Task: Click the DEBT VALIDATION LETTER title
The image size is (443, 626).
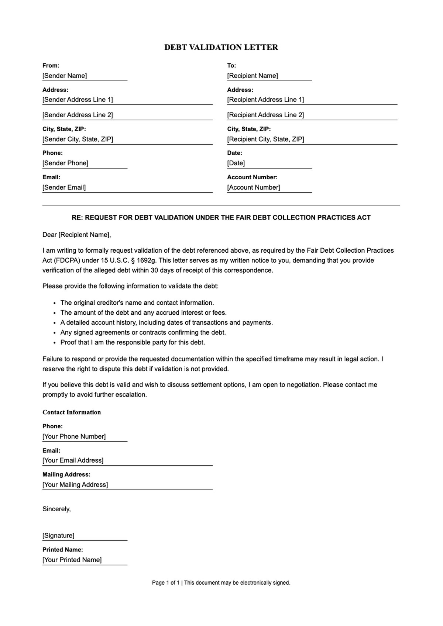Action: tap(221, 47)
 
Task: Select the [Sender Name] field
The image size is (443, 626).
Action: tap(85, 76)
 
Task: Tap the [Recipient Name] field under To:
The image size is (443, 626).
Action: tap(269, 76)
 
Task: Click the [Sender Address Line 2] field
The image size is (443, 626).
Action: tap(127, 115)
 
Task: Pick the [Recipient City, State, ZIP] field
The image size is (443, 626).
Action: tap(312, 139)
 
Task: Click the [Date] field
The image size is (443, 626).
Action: tap(269, 163)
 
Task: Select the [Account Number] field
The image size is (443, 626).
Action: tap(269, 188)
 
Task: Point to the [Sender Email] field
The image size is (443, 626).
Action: tap(127, 188)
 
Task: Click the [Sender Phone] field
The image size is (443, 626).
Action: tap(85, 163)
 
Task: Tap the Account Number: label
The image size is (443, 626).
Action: tap(252, 177)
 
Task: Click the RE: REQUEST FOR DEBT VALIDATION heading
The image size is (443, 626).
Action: tap(221, 218)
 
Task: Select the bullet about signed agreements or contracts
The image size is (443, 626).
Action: tap(143, 332)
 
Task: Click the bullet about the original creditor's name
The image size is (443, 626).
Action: tap(137, 303)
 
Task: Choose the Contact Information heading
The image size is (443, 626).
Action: tap(72, 412)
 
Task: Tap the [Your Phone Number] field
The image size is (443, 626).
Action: tap(85, 437)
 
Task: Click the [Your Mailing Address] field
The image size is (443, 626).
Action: tap(127, 485)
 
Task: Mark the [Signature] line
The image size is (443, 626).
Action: tap(85, 536)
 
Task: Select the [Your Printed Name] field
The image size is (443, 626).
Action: tap(85, 560)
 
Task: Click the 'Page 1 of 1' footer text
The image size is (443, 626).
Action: tap(166, 583)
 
